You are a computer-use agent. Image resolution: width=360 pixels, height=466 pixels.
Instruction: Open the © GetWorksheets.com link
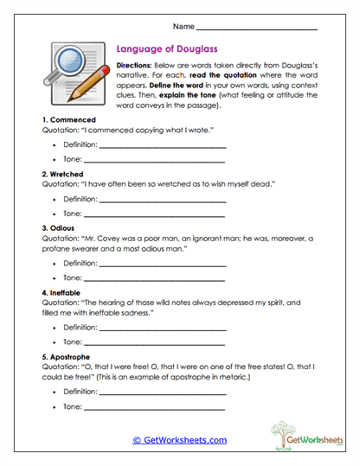(x=179, y=440)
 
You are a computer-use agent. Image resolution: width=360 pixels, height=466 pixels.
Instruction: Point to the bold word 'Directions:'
(x=136, y=67)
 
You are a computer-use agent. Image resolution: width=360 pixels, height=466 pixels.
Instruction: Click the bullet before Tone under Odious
(x=55, y=278)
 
